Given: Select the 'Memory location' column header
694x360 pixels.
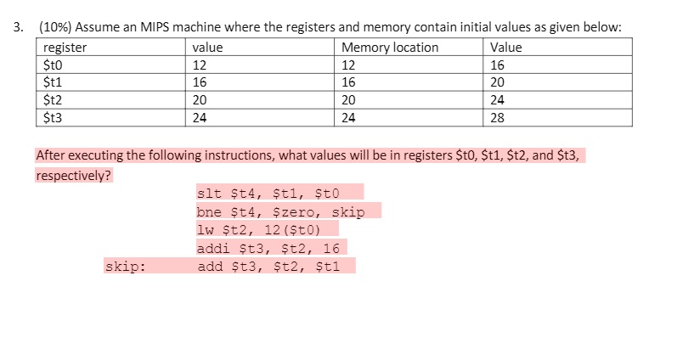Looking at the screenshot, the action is [x=390, y=48].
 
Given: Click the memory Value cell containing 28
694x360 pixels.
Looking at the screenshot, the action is [x=498, y=118].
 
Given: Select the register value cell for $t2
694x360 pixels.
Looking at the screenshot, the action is [x=200, y=100].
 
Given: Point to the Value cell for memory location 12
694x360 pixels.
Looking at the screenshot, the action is [x=498, y=65].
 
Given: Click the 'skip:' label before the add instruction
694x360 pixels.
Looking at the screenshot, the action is [x=125, y=267].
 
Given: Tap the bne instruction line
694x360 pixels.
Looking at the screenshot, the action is [x=279, y=211].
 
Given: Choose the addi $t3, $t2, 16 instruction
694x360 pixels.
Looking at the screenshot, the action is [x=268, y=248].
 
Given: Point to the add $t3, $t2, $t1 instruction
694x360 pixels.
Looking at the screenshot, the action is [x=268, y=267].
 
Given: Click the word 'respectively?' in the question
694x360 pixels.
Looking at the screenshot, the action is [x=74, y=176].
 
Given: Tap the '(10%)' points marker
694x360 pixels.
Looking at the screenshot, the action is [x=55, y=27].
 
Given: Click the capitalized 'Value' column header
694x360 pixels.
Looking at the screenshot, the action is [x=506, y=48].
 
